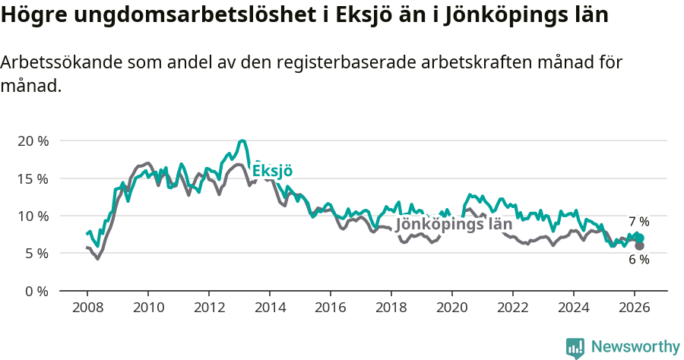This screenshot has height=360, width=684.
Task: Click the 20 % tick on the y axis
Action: coord(33,141)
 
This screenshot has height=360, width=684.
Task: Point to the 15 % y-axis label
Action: coord(33,178)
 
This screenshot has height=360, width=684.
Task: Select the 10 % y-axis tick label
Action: coord(33,216)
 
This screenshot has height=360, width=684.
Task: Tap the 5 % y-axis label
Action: coord(36,253)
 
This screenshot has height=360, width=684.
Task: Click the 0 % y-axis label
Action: coord(36,290)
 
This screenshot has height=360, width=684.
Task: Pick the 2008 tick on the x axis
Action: coord(87,308)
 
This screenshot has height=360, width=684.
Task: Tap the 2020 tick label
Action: coord(452,308)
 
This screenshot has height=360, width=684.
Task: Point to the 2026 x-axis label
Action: coord(635,308)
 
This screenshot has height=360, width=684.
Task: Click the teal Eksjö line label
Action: coord(272,171)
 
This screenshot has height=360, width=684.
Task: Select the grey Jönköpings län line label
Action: coord(454,225)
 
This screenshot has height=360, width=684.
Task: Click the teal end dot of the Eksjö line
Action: coord(639,238)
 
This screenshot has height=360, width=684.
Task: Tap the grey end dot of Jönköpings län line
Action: coord(639,245)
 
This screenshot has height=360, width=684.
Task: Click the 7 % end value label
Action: coord(638,222)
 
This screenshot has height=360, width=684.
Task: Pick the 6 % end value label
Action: coord(638,260)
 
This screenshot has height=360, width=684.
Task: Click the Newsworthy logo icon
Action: coord(575,348)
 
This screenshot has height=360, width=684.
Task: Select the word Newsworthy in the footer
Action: coord(635,347)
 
